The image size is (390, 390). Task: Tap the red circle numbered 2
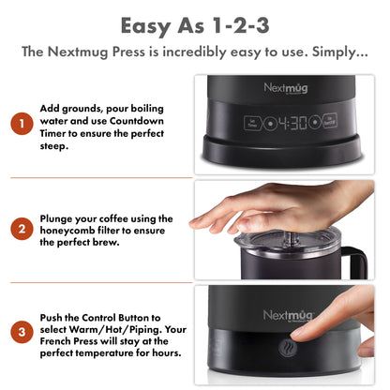(x=19, y=229)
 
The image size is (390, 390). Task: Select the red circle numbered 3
(x=19, y=332)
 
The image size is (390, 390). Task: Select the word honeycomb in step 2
(x=72, y=229)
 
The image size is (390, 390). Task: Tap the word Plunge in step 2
(x=60, y=217)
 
